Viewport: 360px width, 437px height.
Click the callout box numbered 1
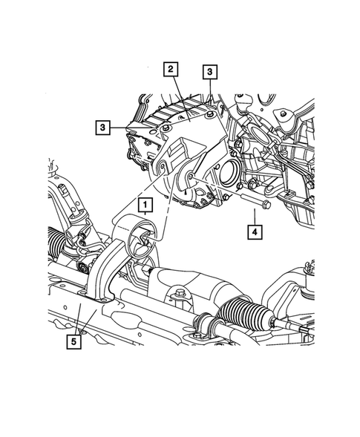pos(145,202)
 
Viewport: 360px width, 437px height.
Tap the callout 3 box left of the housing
pos(102,127)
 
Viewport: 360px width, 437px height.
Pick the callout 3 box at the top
pos(210,71)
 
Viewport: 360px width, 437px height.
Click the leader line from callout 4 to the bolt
pos(253,216)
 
